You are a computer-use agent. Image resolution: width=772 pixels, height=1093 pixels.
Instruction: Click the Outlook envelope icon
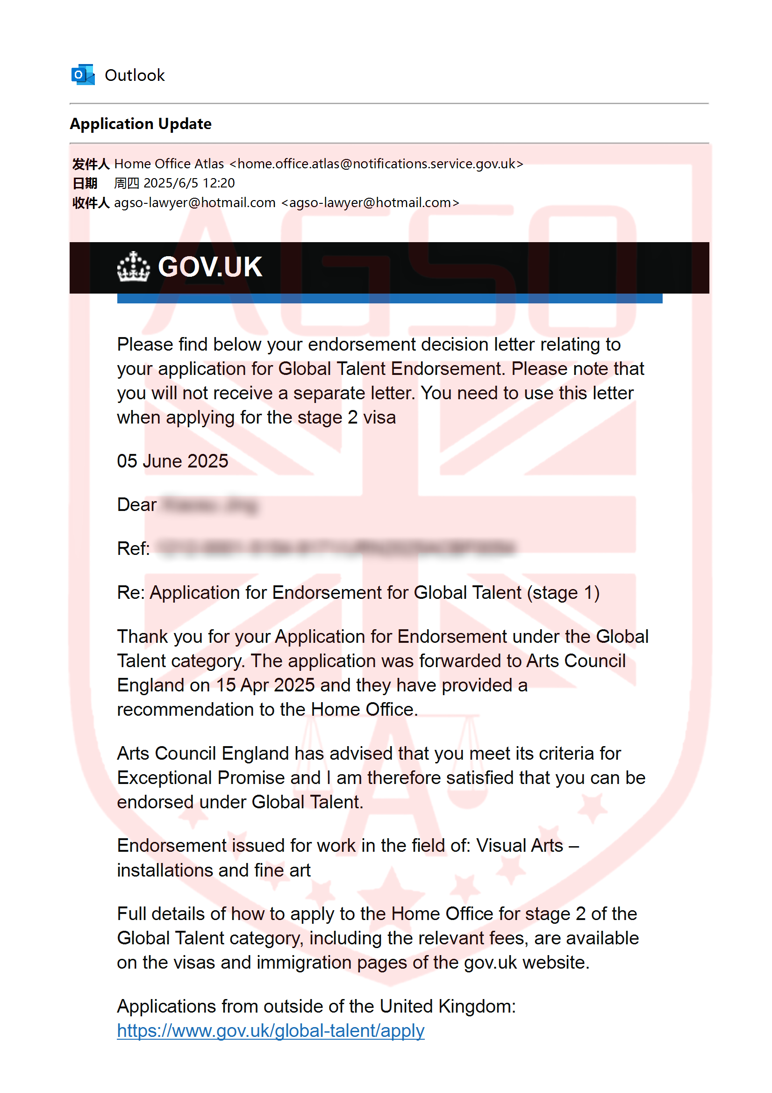pos(83,75)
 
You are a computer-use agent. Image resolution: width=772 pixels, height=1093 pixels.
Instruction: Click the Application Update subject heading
pos(140,124)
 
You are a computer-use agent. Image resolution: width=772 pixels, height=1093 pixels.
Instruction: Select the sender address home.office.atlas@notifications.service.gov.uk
pos(376,164)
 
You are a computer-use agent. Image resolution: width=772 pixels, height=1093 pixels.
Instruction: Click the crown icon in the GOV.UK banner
pos(134,267)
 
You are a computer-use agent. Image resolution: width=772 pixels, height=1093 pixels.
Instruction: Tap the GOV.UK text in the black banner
pos(210,267)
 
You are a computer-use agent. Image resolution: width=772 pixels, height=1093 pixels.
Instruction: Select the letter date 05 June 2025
pos(172,461)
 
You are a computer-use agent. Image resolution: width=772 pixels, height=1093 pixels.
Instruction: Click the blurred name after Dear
pos(209,505)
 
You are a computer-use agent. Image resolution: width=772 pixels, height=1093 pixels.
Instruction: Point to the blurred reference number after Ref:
pos(336,548)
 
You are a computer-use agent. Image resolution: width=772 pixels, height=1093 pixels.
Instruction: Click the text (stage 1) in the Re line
pos(563,593)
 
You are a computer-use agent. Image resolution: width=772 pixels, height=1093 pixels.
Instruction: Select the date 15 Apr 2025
pos(265,685)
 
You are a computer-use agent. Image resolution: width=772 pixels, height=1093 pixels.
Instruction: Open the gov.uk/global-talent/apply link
pos(271,1031)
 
